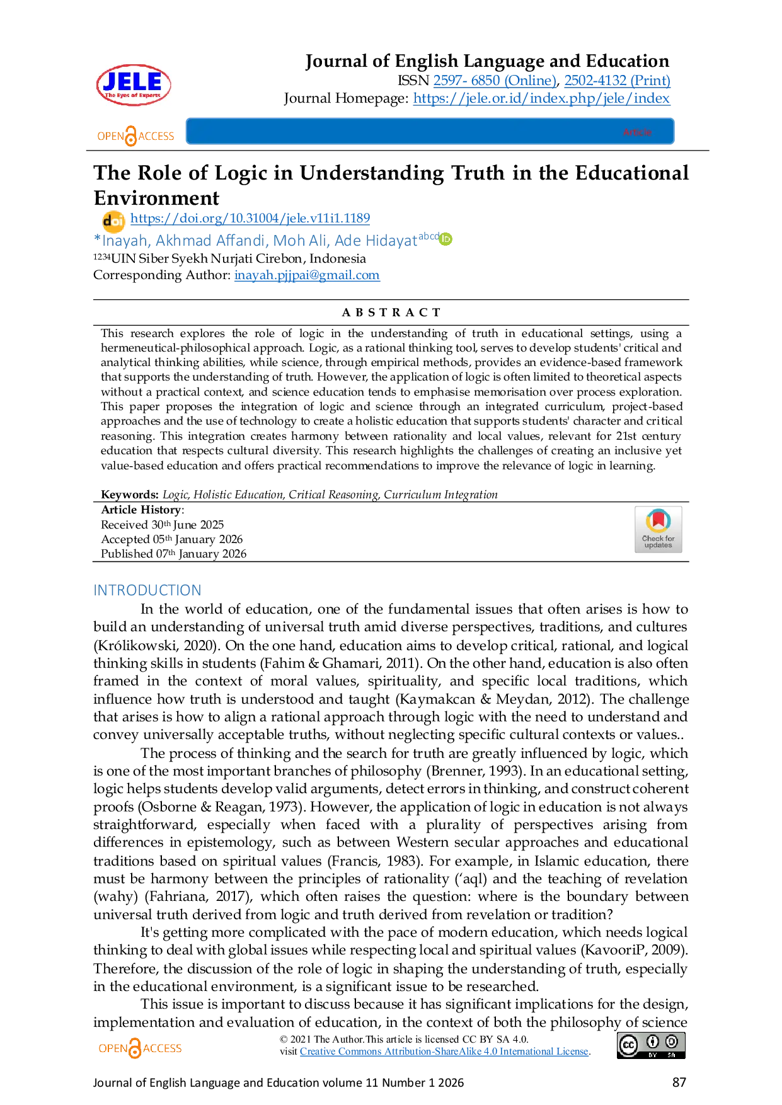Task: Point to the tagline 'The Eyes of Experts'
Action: tap(132, 96)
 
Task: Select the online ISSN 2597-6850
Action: tap(495, 80)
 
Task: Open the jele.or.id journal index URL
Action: tap(542, 98)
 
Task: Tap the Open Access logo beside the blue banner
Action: tap(135, 135)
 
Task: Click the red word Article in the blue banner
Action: tap(637, 132)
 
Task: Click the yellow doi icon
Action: tap(113, 220)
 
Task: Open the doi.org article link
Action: tap(251, 219)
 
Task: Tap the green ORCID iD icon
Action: tap(446, 239)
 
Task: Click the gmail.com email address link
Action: tap(307, 275)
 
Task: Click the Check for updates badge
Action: tap(657, 529)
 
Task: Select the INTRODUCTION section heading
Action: tap(146, 590)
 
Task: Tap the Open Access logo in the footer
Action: tap(138, 1048)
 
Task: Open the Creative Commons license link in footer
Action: tap(444, 1051)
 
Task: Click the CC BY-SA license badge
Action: tap(650, 1045)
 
